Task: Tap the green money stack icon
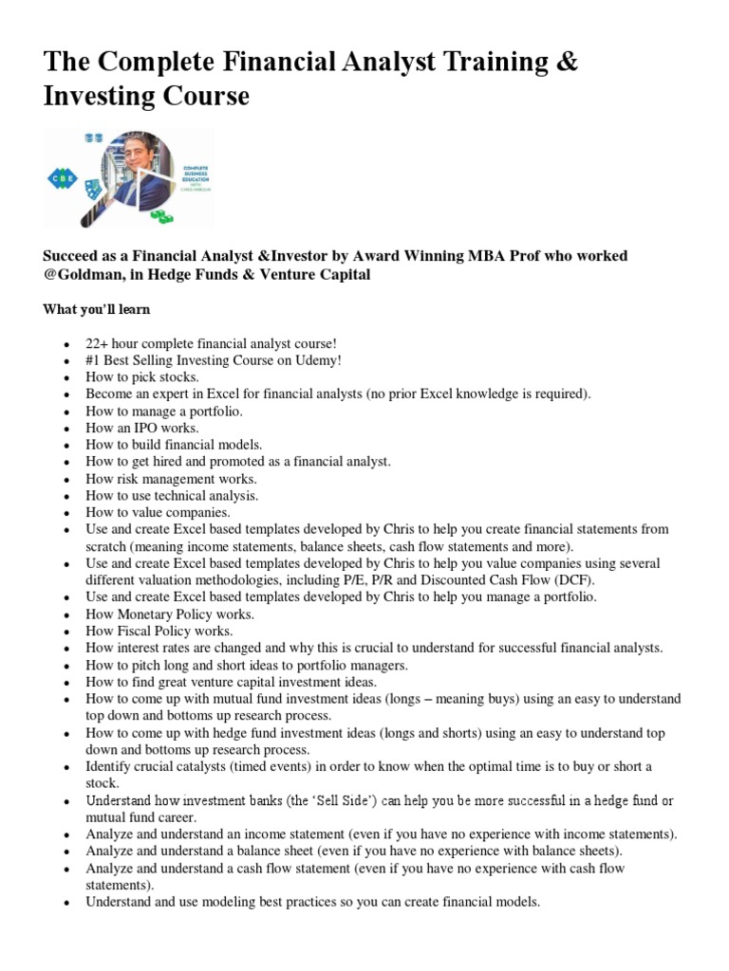pos(164,216)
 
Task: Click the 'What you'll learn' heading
pos(96,310)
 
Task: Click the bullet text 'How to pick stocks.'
pos(141,377)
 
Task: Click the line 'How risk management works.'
pos(171,479)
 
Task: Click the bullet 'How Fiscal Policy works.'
pos(159,631)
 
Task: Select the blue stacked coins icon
pos(94,138)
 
